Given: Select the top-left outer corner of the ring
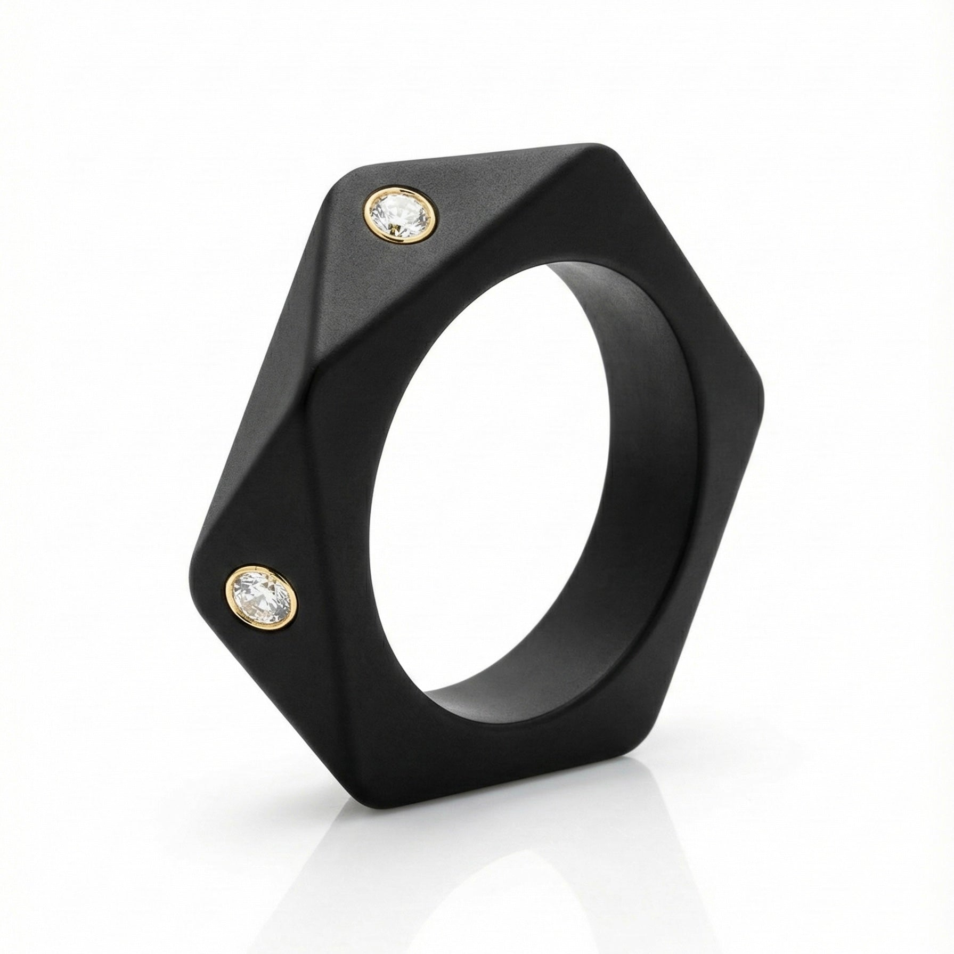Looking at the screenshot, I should tap(341, 181).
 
